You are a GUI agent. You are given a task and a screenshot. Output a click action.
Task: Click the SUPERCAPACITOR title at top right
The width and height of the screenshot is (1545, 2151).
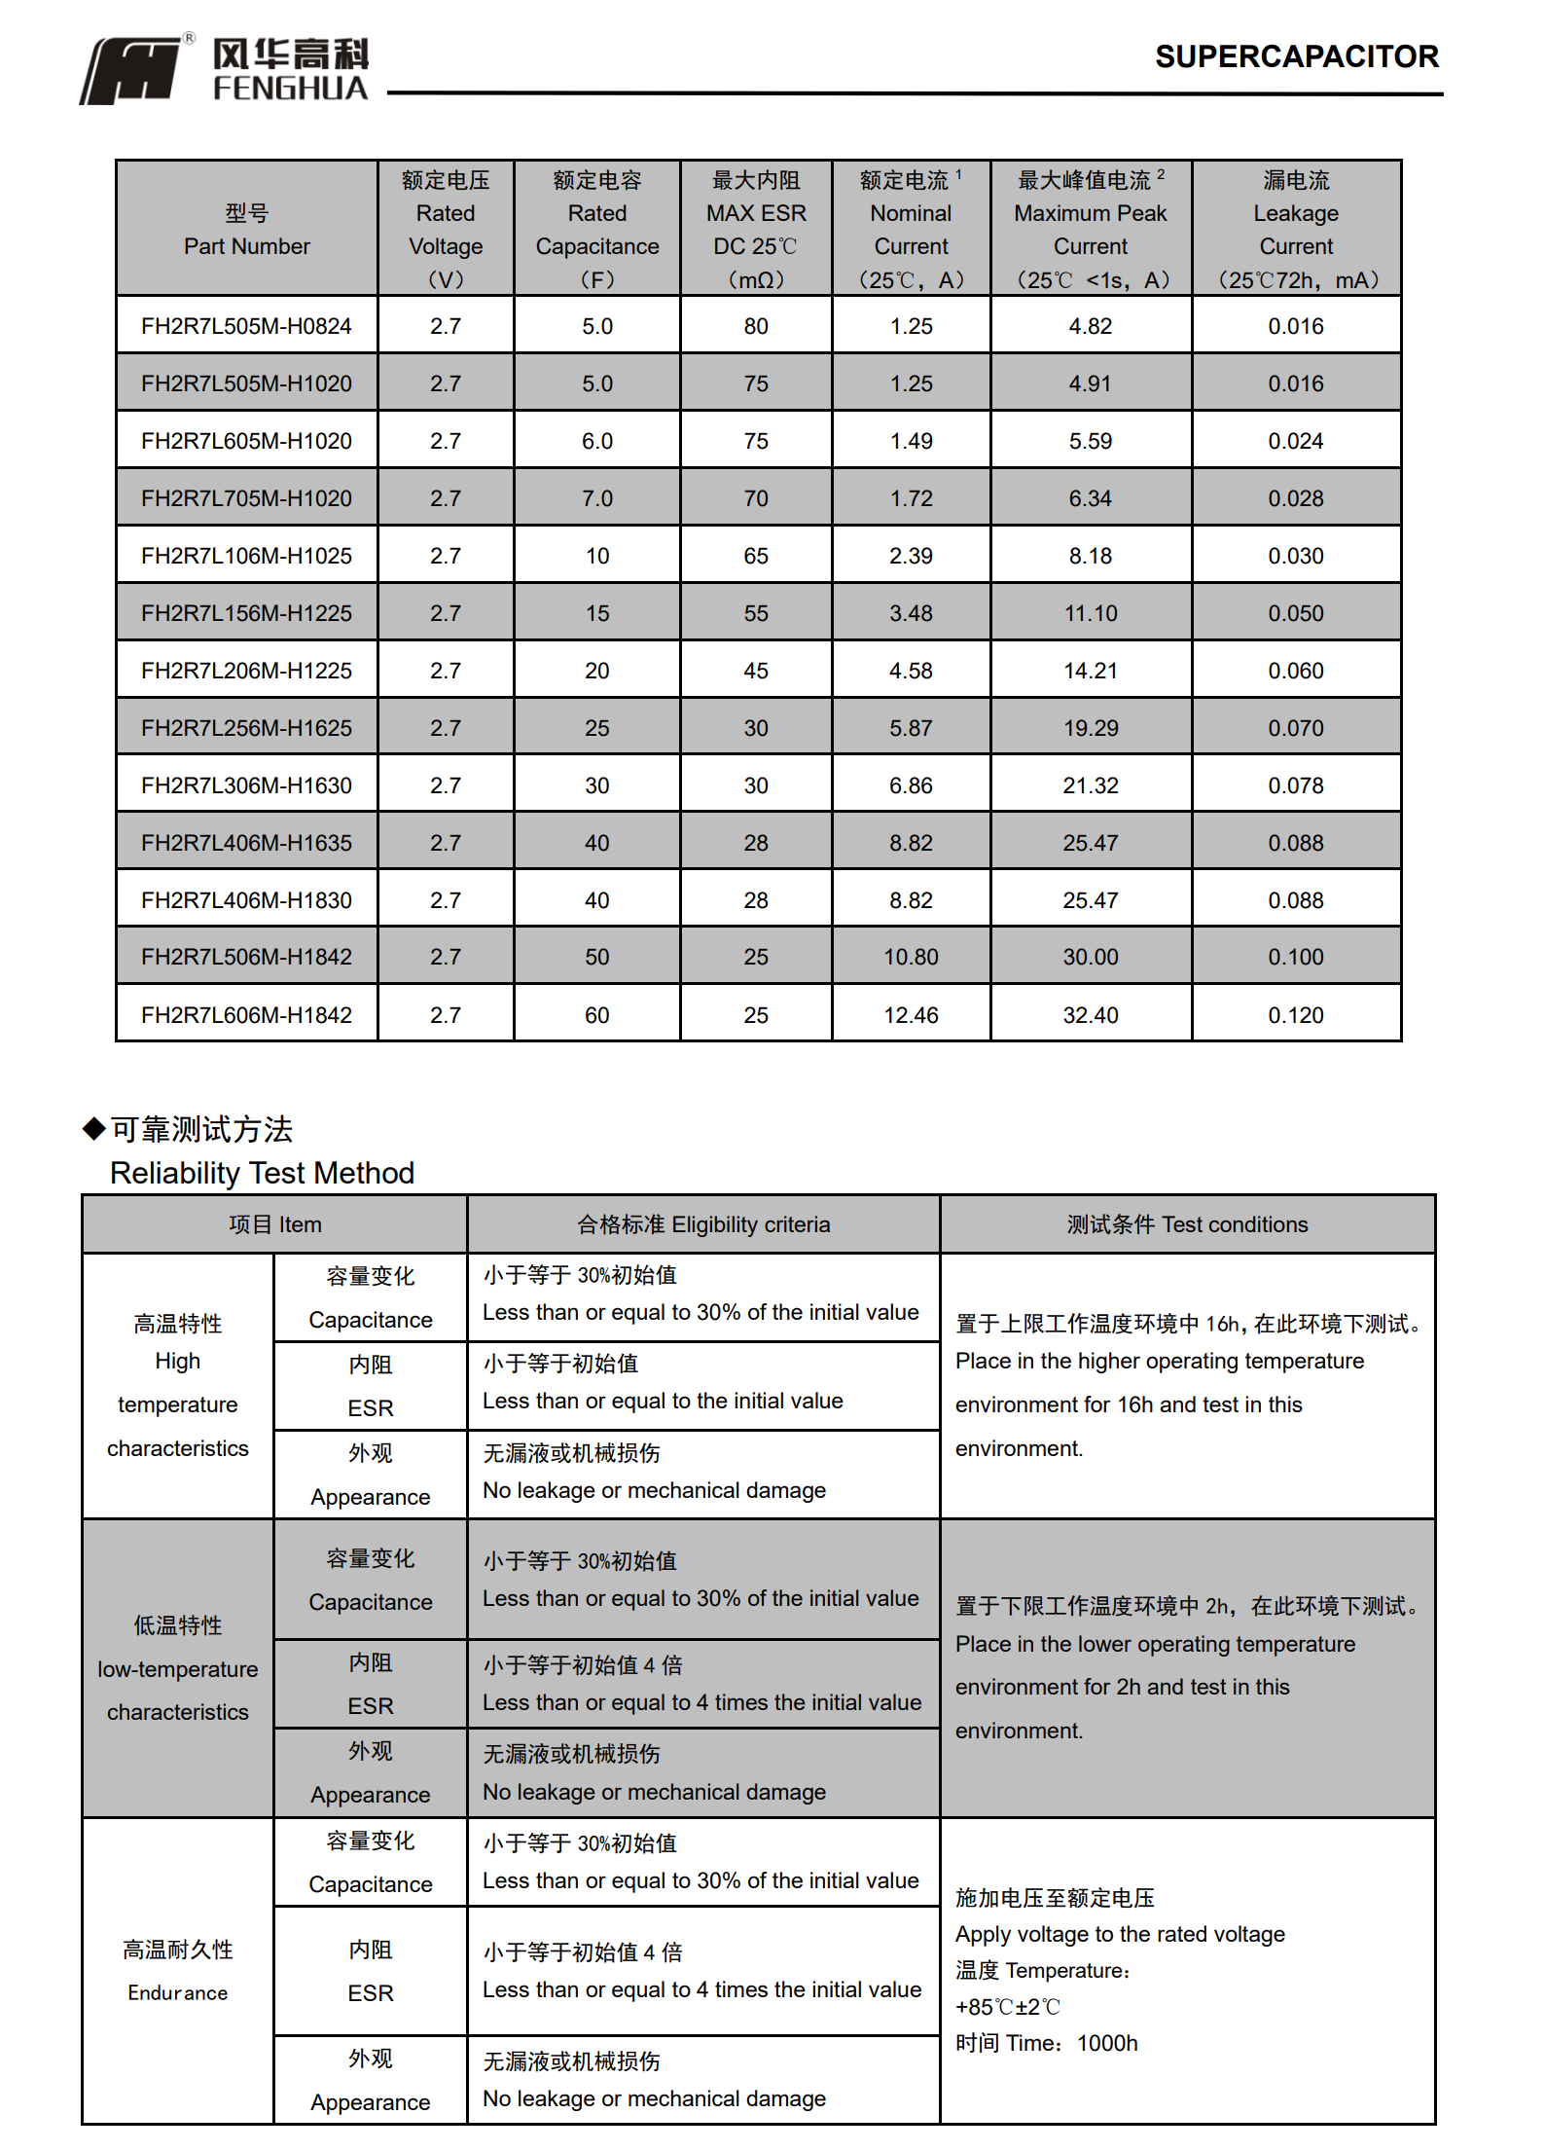[1296, 56]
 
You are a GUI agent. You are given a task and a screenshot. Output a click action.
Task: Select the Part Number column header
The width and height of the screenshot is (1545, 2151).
[246, 230]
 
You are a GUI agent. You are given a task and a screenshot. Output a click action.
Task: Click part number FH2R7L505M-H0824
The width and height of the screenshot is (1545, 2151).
[246, 326]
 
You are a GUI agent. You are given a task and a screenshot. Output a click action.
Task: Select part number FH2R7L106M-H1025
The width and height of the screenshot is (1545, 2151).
[246, 556]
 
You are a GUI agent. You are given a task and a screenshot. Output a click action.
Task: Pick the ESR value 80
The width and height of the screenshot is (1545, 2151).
[756, 326]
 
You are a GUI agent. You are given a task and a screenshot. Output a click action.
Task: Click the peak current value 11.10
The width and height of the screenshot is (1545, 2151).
[1091, 613]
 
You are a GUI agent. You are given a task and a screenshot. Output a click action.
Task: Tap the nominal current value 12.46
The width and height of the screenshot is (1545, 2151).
[911, 1015]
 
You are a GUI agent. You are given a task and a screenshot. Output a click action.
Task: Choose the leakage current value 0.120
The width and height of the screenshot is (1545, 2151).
[1296, 1015]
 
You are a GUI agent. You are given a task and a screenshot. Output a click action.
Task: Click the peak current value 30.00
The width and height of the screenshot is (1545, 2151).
[1091, 957]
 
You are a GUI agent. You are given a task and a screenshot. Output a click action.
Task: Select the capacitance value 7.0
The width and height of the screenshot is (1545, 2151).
[597, 498]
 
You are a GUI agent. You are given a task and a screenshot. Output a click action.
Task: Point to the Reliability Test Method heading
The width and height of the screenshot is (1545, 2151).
[262, 1173]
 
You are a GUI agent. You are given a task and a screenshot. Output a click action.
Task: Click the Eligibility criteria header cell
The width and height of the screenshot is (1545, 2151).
[703, 1224]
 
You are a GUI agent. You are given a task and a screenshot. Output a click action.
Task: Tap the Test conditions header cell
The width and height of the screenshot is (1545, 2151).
[1187, 1224]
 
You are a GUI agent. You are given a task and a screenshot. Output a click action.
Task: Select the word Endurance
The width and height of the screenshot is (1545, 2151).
[178, 1992]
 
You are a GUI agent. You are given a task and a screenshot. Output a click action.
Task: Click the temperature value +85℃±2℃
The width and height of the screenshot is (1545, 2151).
[1008, 2007]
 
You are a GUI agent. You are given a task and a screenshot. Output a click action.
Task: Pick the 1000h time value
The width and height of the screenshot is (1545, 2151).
[1107, 2043]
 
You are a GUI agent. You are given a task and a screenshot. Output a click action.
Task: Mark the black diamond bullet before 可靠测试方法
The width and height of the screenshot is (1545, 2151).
[93, 1129]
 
